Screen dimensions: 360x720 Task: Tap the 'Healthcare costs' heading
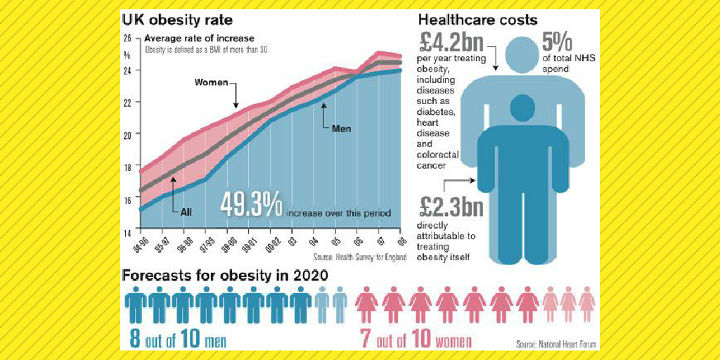click(x=478, y=20)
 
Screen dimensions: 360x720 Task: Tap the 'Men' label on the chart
click(x=340, y=129)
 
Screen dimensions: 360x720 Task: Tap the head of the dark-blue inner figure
click(x=521, y=107)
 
